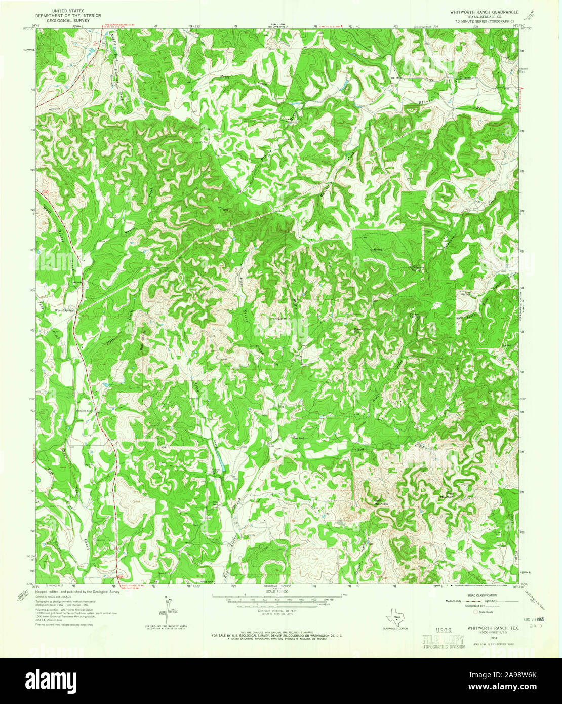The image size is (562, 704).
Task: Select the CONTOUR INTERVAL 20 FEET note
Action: tap(276, 612)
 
